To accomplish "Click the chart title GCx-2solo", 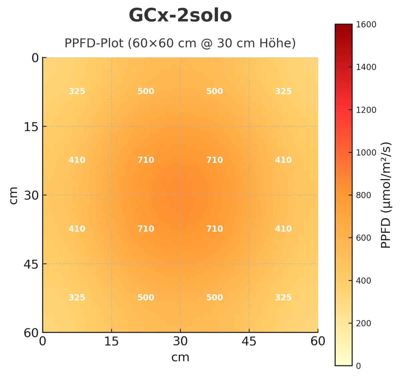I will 180,16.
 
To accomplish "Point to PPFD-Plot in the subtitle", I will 94,43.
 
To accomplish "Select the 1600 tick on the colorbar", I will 366,25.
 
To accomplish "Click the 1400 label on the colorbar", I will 366,67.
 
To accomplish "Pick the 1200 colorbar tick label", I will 366,110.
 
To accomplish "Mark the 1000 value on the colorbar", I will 366,153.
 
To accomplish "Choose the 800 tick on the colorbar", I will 363,195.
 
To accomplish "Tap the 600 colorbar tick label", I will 363,238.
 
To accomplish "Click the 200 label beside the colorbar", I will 363,323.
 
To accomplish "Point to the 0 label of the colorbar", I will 358,366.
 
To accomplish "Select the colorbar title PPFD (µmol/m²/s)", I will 386,195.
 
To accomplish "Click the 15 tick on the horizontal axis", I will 111,341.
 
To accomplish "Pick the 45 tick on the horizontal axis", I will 249,341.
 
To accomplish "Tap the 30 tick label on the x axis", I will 180,341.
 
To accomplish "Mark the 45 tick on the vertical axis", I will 31,264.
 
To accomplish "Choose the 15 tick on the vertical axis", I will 31,127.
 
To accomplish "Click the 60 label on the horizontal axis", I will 318,341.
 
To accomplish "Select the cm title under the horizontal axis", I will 180,357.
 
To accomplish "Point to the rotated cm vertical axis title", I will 13,195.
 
